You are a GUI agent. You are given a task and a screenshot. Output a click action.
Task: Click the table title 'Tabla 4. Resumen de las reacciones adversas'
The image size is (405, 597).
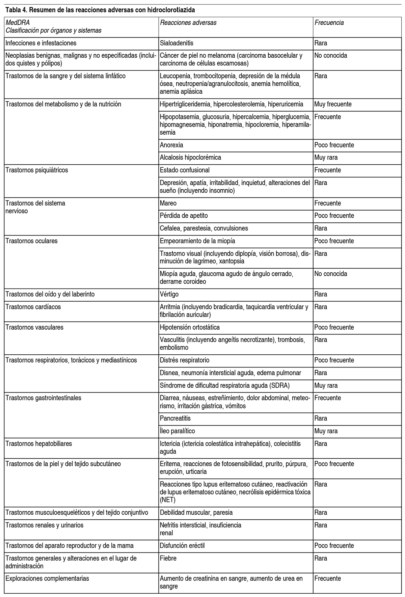pyautogui.click(x=100, y=10)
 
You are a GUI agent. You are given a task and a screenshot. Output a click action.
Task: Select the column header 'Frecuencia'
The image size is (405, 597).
pyautogui.click(x=329, y=23)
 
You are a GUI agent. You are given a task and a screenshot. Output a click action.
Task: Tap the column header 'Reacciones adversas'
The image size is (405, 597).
pyautogui.click(x=188, y=23)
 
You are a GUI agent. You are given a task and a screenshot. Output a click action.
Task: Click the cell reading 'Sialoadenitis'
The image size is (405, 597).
pyautogui.click(x=177, y=43)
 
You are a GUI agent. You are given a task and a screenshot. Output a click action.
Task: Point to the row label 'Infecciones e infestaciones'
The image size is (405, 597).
pyautogui.click(x=41, y=43)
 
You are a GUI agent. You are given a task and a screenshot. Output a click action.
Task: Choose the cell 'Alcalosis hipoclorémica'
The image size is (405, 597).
pyautogui.click(x=190, y=158)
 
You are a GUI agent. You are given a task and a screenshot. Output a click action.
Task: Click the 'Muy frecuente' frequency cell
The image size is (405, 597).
pyautogui.click(x=332, y=104)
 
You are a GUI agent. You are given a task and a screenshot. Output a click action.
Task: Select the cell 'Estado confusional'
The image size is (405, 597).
pyautogui.click(x=185, y=170)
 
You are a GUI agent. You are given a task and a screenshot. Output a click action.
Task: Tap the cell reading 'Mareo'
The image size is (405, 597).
pyautogui.click(x=168, y=203)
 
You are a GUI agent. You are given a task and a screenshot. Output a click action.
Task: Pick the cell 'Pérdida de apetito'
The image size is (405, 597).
pyautogui.click(x=184, y=216)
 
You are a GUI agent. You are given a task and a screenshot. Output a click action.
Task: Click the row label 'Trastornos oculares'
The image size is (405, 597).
pyautogui.click(x=31, y=241)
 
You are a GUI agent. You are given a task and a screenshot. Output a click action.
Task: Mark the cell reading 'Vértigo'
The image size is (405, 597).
pyautogui.click(x=169, y=294)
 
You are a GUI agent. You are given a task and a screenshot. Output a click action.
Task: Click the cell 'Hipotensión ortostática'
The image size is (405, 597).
pyautogui.click(x=190, y=327)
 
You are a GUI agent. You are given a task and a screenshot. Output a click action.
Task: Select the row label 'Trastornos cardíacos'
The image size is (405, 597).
pyautogui.click(x=33, y=307)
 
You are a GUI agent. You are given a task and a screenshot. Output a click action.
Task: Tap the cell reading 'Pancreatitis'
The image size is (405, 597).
pyautogui.click(x=175, y=418)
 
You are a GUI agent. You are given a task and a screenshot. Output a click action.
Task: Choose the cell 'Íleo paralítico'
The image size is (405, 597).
pyautogui.click(x=177, y=431)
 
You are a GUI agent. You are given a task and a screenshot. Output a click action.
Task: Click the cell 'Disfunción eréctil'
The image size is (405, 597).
pyautogui.click(x=182, y=546)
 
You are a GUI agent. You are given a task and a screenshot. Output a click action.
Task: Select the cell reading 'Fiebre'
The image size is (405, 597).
pyautogui.click(x=168, y=558)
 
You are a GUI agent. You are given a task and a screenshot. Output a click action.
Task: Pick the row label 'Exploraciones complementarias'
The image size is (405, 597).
pyautogui.click(x=47, y=578)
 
